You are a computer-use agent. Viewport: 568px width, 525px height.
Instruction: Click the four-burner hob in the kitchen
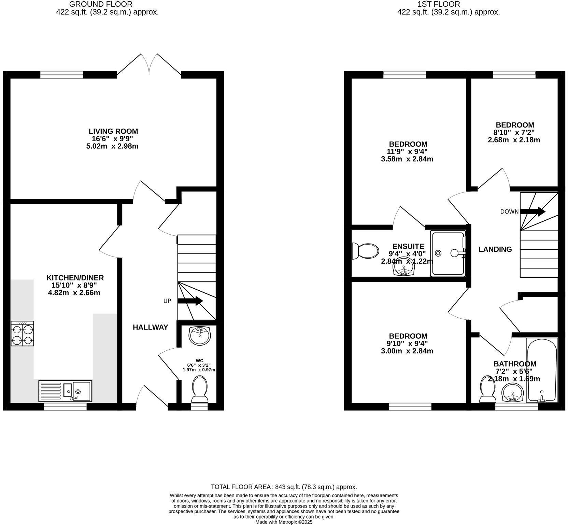[x=22, y=334]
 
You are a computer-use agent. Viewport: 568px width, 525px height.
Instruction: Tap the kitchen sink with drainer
[x=65, y=391]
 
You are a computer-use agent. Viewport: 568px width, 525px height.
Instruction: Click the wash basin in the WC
[x=200, y=336]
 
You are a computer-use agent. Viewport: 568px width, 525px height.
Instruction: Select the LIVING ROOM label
[x=113, y=131]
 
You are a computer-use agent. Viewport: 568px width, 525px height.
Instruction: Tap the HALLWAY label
[x=150, y=327]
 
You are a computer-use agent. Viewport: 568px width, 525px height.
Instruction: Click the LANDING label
[x=495, y=249]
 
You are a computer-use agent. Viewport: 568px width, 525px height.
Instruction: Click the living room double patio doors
[x=149, y=65]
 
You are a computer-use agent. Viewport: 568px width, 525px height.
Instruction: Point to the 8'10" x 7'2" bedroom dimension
[x=515, y=132]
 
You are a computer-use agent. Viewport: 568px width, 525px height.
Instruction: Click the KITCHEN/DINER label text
[x=75, y=278]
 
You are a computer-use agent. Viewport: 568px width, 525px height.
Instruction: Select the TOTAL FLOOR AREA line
[x=284, y=487]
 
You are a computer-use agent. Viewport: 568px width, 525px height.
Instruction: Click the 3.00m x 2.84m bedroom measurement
[x=407, y=351]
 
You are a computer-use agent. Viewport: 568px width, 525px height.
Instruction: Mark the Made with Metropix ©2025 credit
[x=284, y=522]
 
